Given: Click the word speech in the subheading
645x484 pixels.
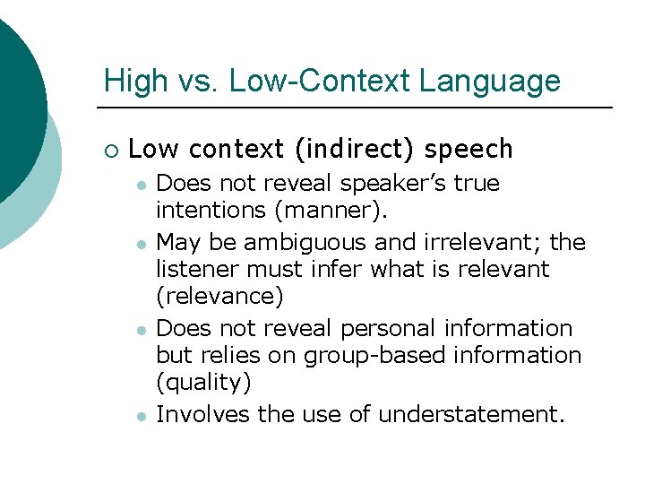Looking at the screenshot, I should pyautogui.click(x=469, y=149).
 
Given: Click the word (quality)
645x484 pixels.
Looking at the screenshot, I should pyautogui.click(x=203, y=383).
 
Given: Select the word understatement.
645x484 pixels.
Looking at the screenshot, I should pyautogui.click(x=471, y=414).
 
